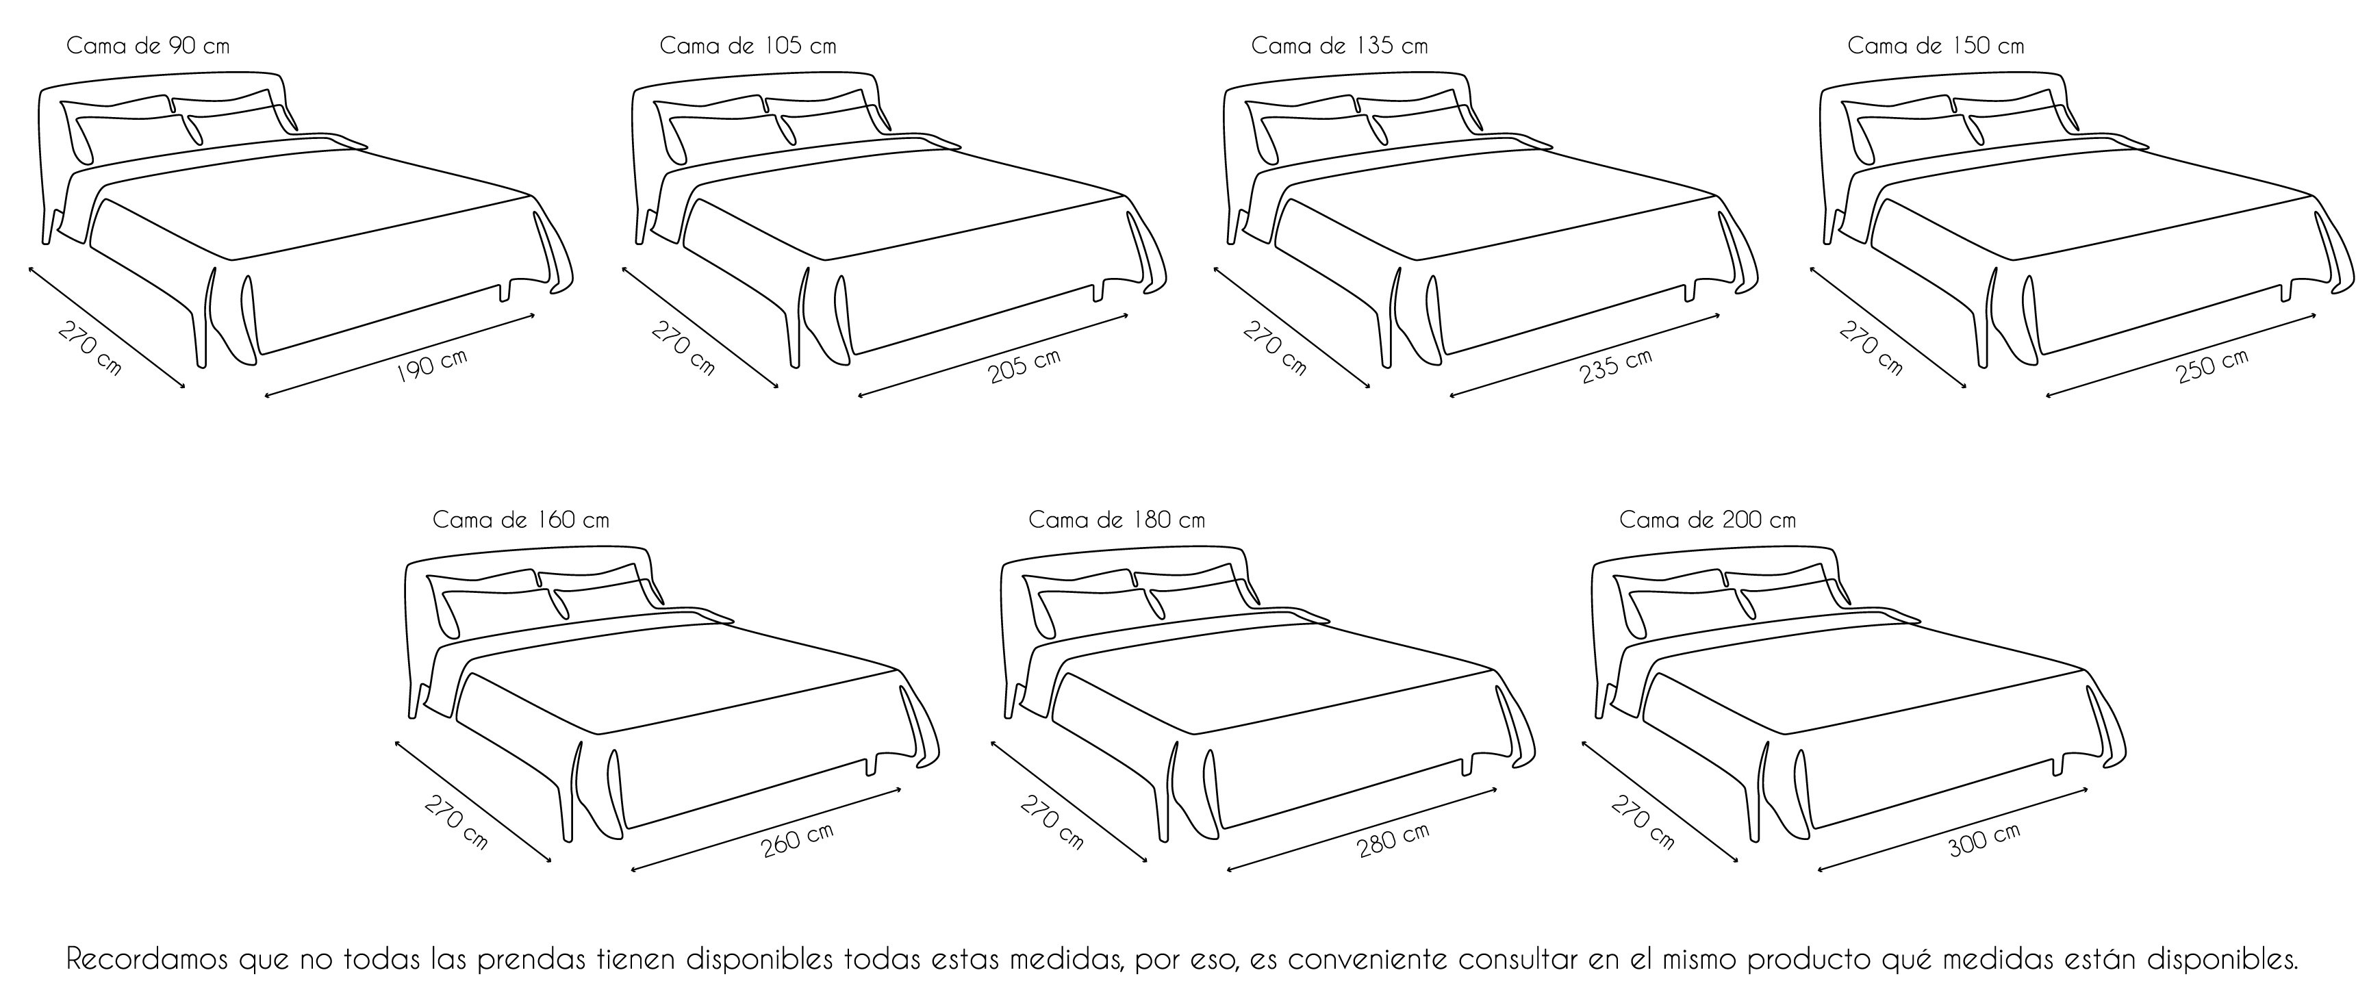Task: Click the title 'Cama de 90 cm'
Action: (148, 46)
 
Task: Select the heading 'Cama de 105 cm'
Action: (748, 46)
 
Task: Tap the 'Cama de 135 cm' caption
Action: (1340, 46)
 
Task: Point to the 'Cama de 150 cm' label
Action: (1936, 46)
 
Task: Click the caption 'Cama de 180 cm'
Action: (1117, 520)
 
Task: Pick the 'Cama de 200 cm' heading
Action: (1708, 520)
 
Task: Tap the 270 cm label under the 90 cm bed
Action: (89, 348)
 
